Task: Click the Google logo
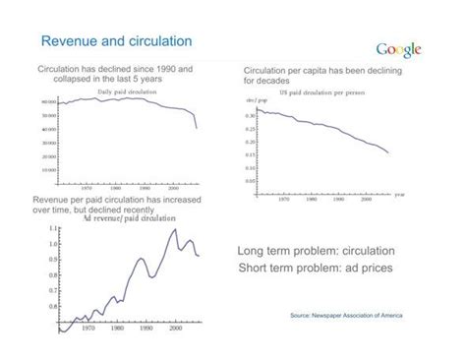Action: click(398, 50)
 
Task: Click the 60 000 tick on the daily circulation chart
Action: click(46, 102)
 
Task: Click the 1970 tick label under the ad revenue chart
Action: click(87, 342)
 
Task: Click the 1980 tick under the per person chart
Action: click(312, 198)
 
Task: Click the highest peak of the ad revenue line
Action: click(174, 230)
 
